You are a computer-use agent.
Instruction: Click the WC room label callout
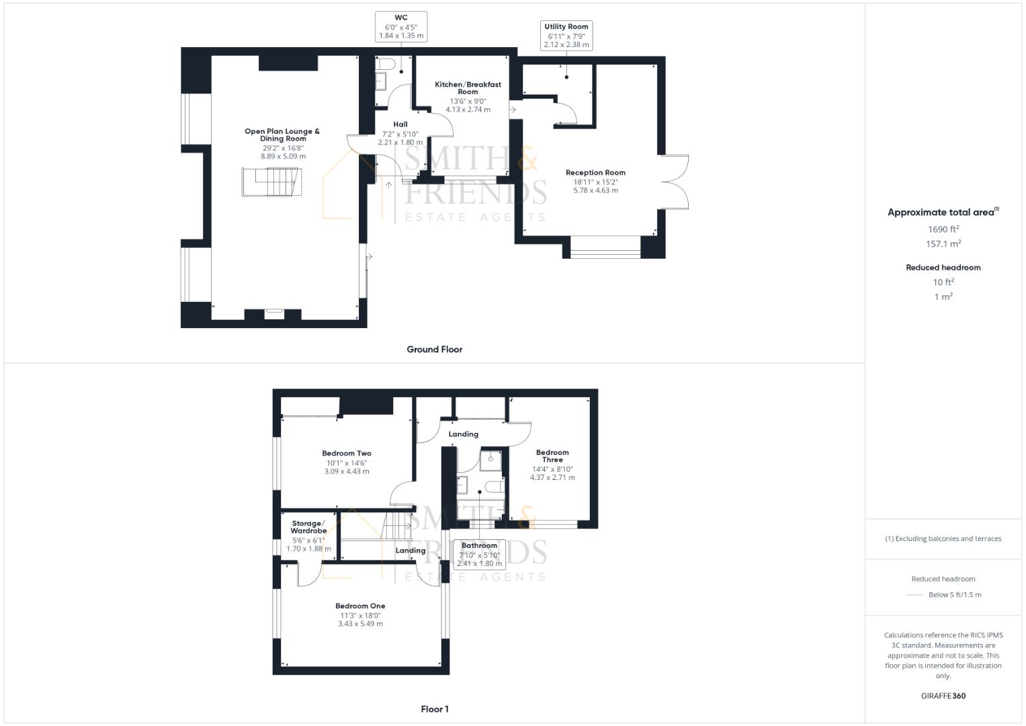401,27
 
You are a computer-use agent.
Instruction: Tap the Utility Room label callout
566,36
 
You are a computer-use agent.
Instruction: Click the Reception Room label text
595,173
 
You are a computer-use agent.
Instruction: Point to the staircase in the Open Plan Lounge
271,182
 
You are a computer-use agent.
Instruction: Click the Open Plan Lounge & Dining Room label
282,135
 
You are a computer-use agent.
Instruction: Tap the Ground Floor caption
434,350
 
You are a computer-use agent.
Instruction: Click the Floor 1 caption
435,709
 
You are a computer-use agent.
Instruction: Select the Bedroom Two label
347,454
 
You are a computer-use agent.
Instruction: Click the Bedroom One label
361,606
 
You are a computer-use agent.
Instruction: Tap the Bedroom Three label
552,456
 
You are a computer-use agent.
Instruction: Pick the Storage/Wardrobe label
308,527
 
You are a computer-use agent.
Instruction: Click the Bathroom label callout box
479,555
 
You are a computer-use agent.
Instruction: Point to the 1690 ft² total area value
943,229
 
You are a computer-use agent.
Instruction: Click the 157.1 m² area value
943,244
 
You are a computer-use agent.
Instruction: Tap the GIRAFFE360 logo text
943,696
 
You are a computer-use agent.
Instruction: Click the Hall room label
400,124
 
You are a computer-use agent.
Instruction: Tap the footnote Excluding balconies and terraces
943,538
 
